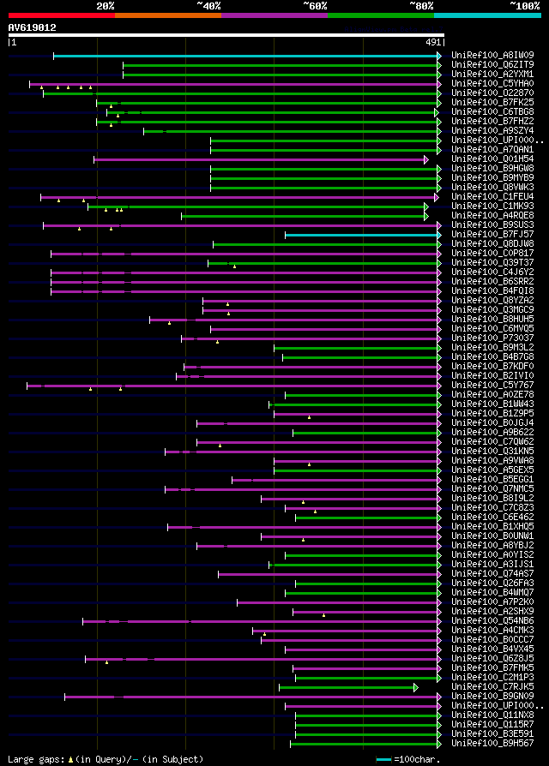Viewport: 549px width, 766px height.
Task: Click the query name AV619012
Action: click(x=33, y=27)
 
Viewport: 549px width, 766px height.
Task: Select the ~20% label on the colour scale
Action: click(x=105, y=5)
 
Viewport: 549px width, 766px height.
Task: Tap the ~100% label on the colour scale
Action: click(x=524, y=5)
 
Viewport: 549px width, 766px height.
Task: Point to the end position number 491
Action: click(x=433, y=41)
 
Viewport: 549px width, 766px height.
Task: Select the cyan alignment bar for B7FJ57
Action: click(x=360, y=234)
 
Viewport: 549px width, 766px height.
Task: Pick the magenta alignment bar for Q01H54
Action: click(x=257, y=159)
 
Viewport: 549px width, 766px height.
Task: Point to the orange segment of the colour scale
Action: click(x=167, y=15)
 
